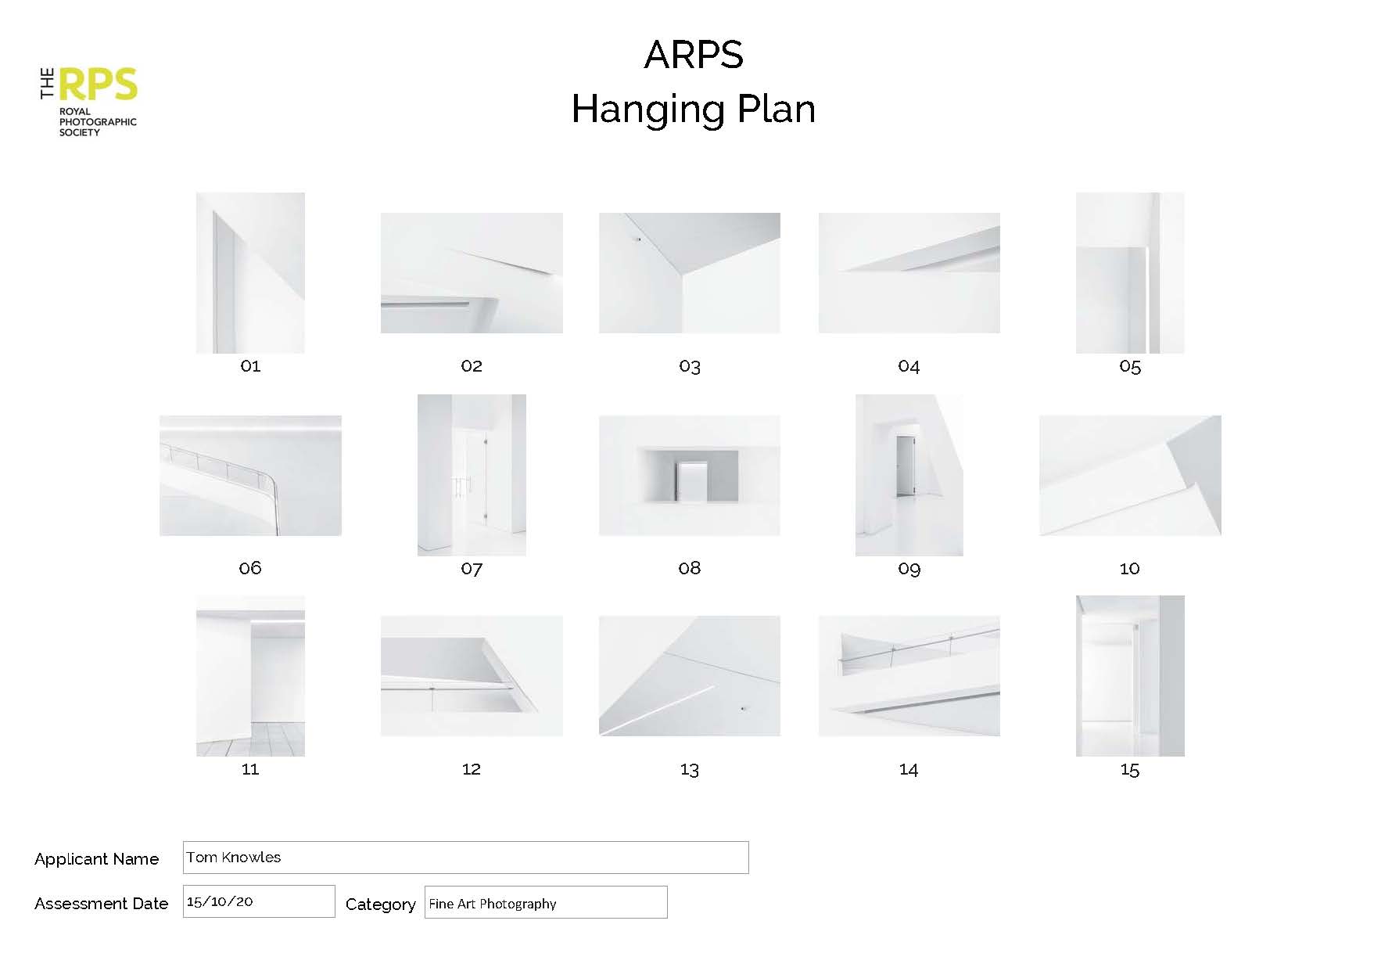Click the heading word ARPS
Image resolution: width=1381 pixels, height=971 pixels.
(x=693, y=55)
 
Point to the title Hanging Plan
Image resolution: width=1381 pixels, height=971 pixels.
(x=693, y=109)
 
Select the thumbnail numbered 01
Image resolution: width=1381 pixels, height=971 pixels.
(x=250, y=273)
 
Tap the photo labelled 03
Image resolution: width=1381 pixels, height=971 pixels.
(x=690, y=273)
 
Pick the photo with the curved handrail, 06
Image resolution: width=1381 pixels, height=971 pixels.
(x=250, y=476)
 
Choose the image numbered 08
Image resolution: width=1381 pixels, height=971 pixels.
(x=690, y=476)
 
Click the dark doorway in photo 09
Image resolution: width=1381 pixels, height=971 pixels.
(x=906, y=466)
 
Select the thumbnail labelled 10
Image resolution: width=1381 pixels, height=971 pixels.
(x=1130, y=476)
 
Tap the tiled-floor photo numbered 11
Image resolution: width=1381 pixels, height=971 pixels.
(x=250, y=676)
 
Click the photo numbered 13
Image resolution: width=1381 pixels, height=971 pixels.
(x=690, y=676)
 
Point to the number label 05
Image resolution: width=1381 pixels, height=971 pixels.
(x=1130, y=366)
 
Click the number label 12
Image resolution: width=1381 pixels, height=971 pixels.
(x=471, y=769)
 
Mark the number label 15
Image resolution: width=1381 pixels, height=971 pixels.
(x=1130, y=770)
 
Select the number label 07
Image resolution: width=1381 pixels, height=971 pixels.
(x=472, y=568)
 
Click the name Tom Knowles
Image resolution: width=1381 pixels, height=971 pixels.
(x=234, y=857)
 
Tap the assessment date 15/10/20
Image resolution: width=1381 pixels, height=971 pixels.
(x=220, y=901)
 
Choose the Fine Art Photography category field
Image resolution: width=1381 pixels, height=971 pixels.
(x=546, y=902)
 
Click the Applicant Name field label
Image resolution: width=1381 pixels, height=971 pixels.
(x=97, y=859)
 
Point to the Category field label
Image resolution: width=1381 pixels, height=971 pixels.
(x=381, y=904)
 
